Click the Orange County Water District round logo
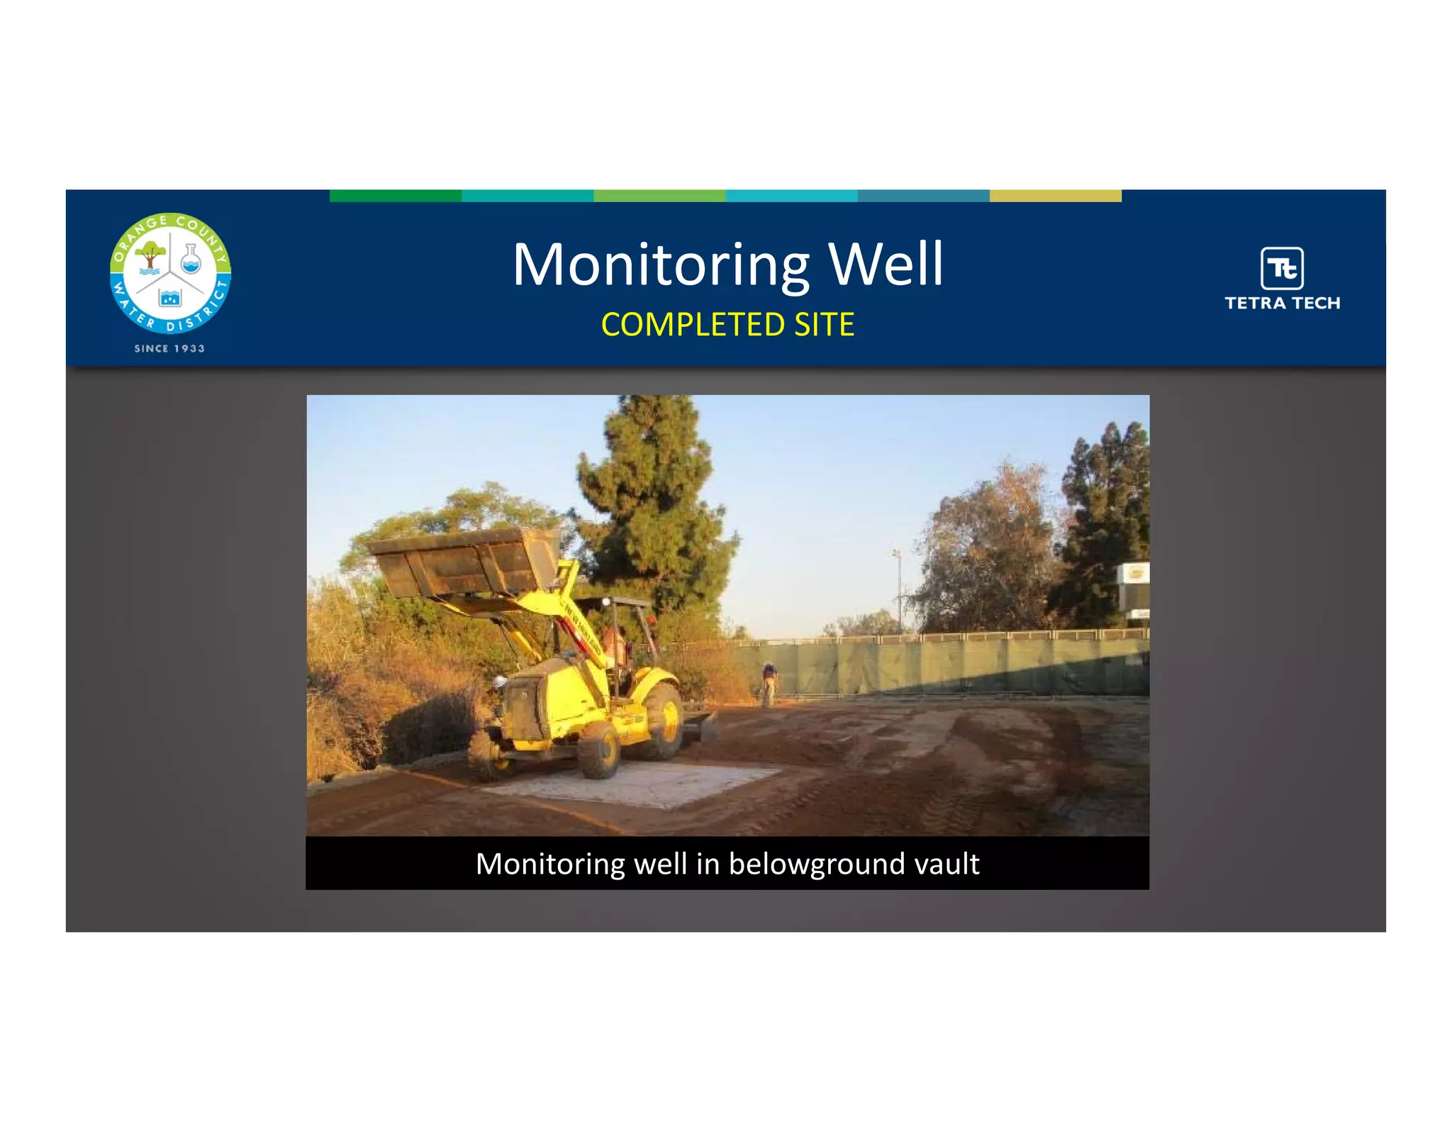point(170,273)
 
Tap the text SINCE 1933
point(169,348)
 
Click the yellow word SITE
point(824,325)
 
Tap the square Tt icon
point(1282,268)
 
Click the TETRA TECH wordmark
point(1282,303)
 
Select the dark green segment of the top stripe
point(395,196)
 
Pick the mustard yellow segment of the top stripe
point(1055,196)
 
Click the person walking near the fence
point(769,682)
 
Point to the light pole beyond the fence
point(898,589)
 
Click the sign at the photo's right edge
point(1134,574)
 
